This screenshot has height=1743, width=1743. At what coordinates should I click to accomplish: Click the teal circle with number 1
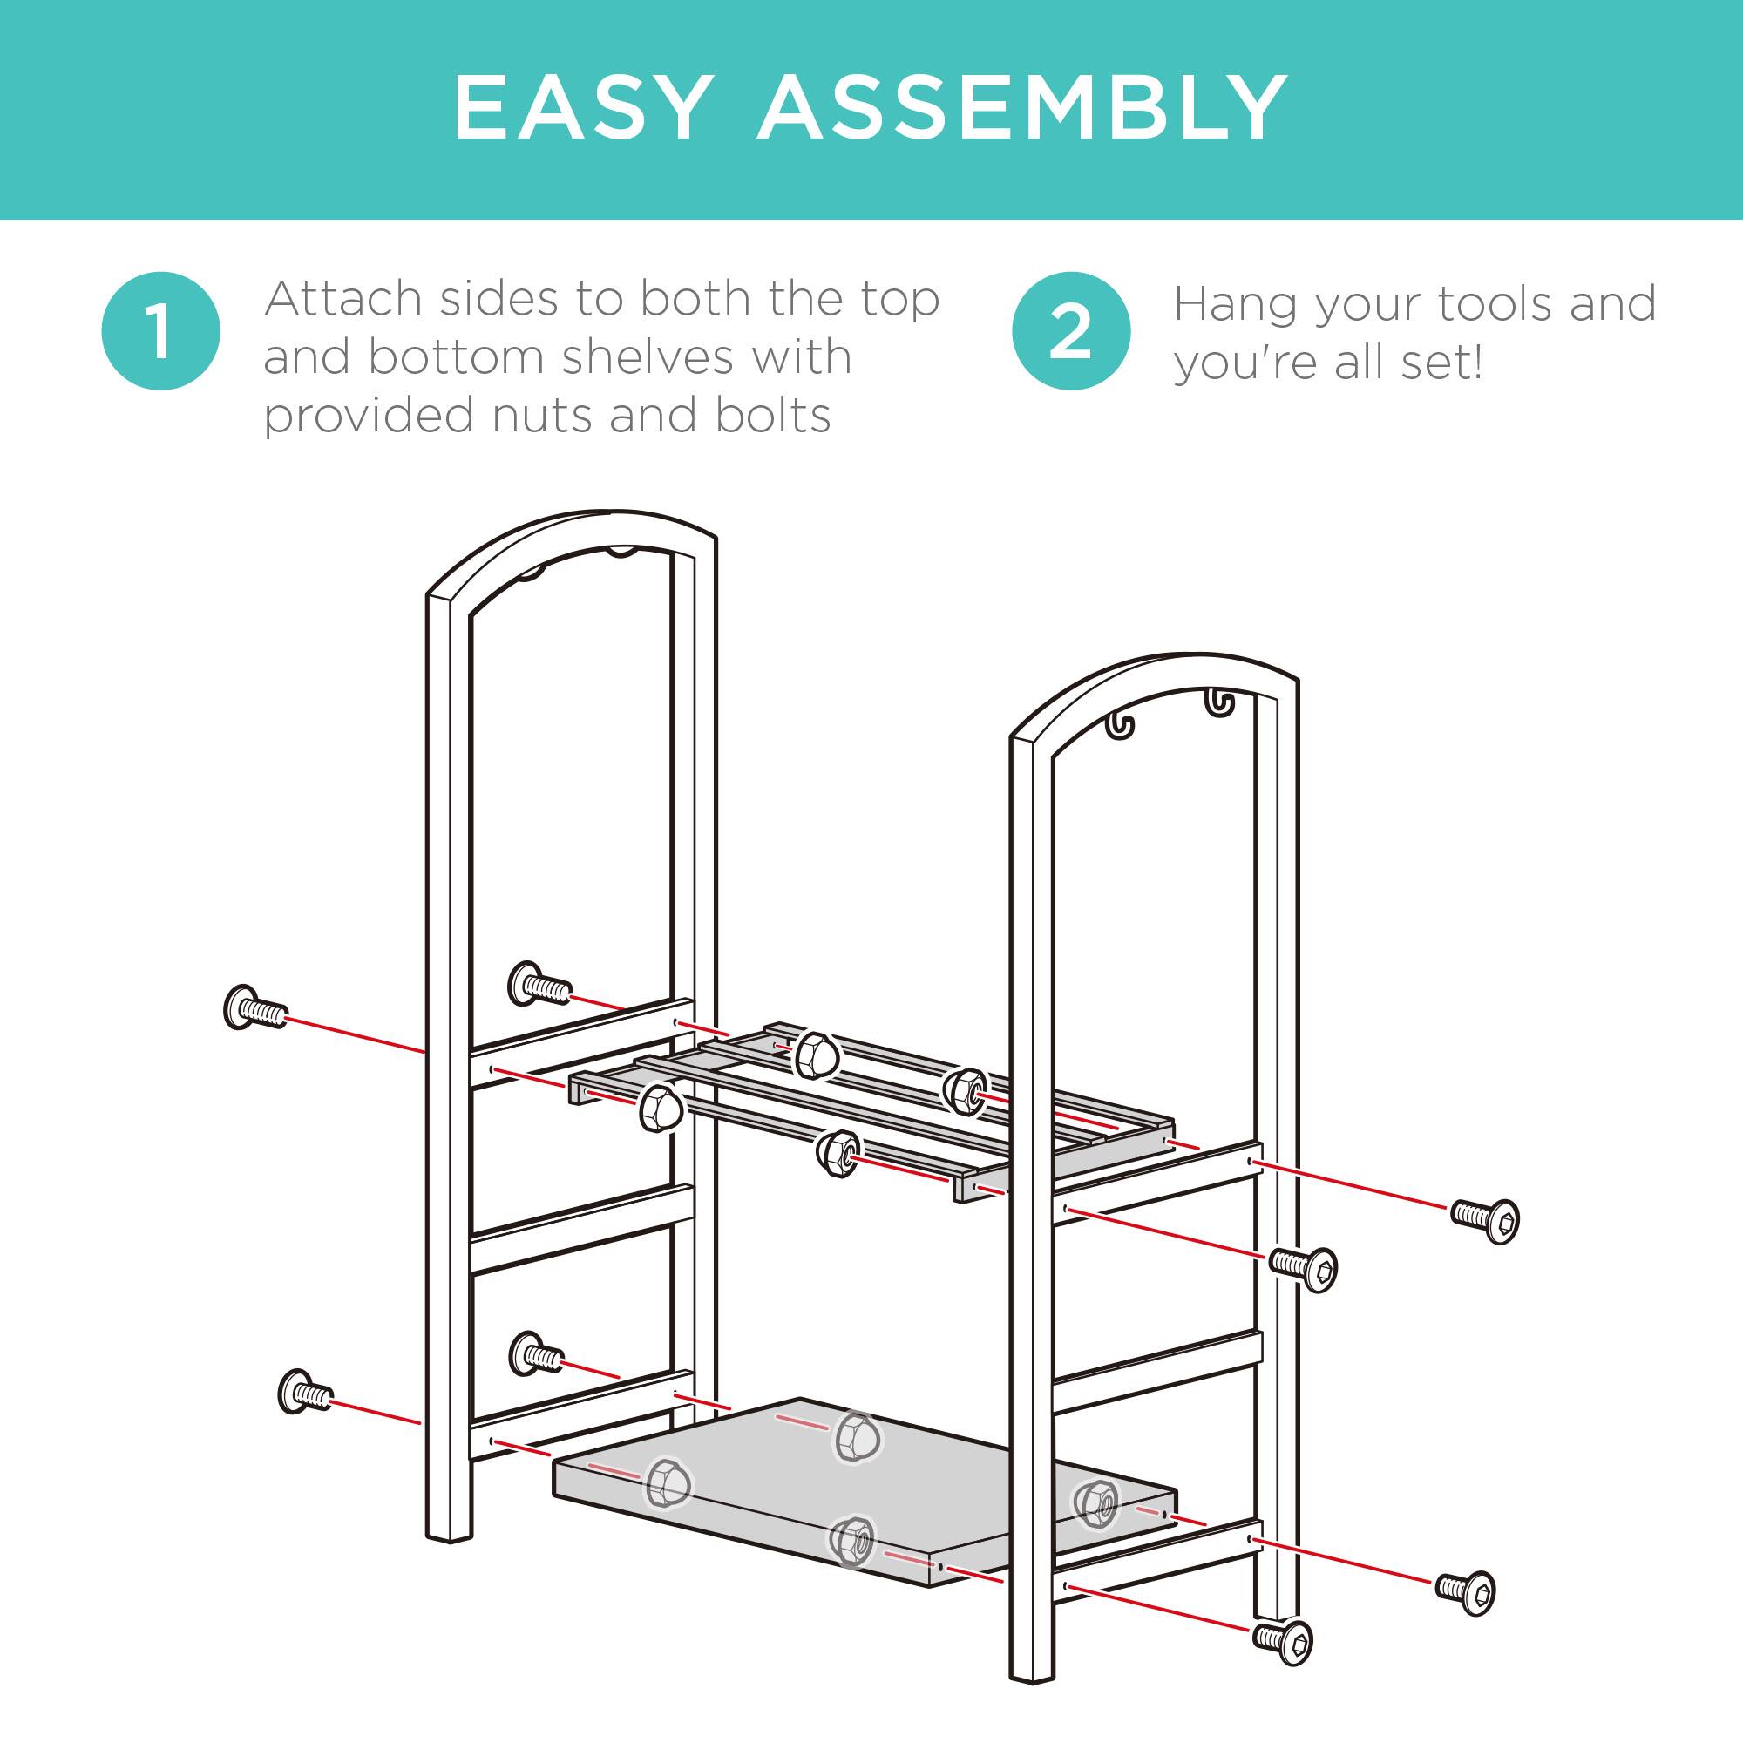pos(160,330)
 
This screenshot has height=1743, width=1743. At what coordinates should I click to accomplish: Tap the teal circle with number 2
pos(1071,330)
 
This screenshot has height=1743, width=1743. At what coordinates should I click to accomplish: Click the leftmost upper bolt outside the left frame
pos(254,1008)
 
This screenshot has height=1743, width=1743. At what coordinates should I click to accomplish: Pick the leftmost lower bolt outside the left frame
pos(305,1392)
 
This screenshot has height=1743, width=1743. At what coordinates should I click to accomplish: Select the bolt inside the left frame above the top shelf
pos(539,985)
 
